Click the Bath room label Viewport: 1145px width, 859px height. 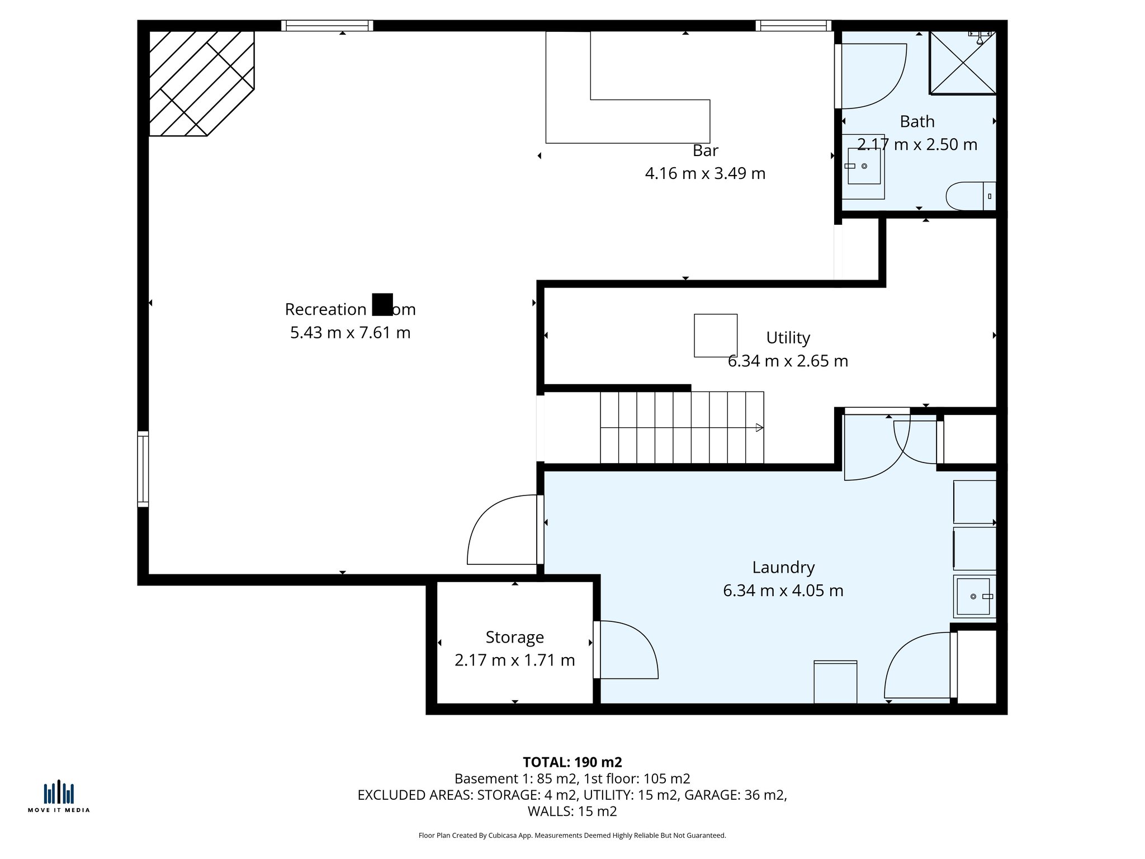[917, 121]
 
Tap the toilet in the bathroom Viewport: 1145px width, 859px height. [967, 196]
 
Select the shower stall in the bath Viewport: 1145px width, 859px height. [963, 63]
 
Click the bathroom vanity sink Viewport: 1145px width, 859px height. [864, 166]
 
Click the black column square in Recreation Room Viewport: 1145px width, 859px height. [382, 304]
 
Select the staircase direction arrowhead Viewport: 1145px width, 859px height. [759, 428]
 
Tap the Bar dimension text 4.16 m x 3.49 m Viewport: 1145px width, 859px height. [705, 173]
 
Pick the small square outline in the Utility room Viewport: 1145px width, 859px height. [715, 336]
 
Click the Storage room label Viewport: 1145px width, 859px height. [514, 637]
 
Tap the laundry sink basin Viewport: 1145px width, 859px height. [973, 597]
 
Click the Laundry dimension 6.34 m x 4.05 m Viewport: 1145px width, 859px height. [783, 591]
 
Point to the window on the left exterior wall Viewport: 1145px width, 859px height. [143, 469]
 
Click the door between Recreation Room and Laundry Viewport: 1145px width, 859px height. [503, 530]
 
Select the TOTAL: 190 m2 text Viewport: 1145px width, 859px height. [572, 762]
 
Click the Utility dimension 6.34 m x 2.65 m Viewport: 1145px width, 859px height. [788, 361]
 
